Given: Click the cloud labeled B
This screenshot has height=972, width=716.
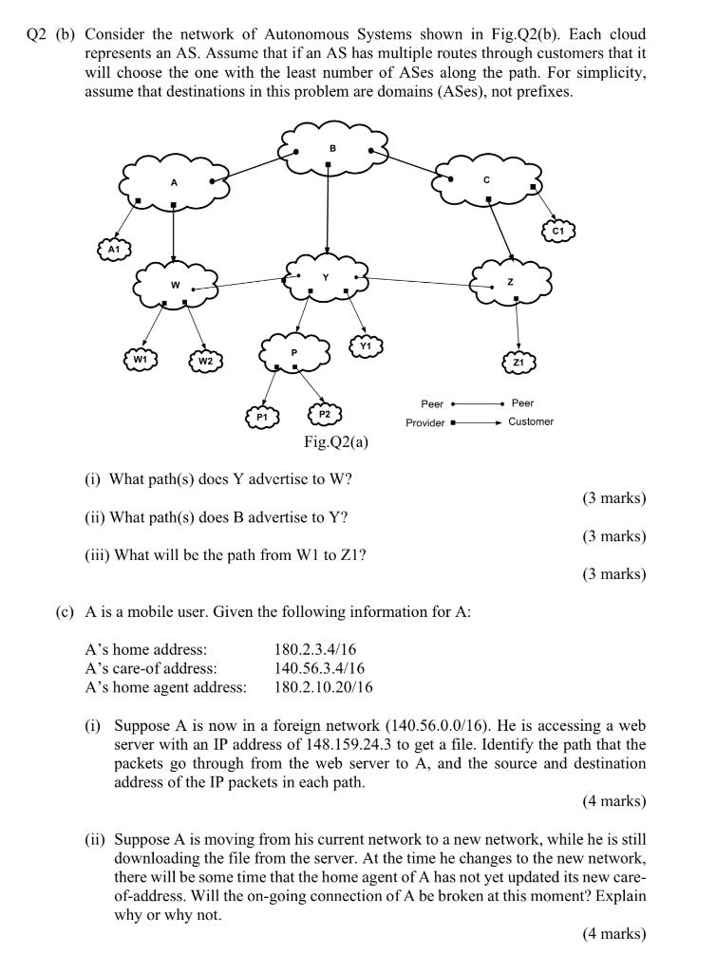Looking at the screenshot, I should [331, 148].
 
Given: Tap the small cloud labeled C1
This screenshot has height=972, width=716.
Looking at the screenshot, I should [558, 230].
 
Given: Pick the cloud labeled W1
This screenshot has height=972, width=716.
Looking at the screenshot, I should [140, 360].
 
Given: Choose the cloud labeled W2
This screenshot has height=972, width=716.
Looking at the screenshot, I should [205, 361].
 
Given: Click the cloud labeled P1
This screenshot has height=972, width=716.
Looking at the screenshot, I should [262, 416].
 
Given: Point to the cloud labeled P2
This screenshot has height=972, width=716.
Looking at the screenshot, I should [324, 414].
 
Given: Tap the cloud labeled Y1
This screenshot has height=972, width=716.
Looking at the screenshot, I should [367, 346].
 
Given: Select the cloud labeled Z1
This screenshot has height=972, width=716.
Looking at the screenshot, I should [518, 362].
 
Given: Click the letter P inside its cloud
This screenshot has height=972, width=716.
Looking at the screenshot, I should [294, 352].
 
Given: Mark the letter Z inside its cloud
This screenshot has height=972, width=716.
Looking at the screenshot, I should [511, 282].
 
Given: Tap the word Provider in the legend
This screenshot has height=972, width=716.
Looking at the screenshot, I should [424, 422].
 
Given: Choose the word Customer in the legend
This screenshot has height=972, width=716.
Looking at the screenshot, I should [530, 421].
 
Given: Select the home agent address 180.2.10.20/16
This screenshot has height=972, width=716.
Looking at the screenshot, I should [323, 685].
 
